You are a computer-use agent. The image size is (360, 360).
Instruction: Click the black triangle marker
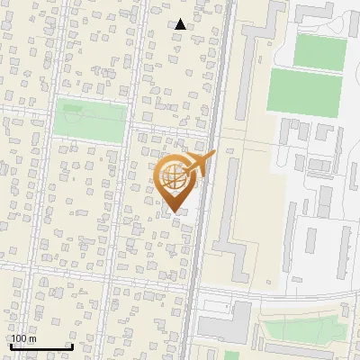[x=181, y=24]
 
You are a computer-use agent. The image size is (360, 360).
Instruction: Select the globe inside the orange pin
[x=173, y=175]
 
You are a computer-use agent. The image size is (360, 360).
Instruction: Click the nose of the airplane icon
[x=213, y=155]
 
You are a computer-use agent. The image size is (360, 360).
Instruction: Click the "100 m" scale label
[x=23, y=338]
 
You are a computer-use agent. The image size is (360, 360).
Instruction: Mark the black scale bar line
[x=40, y=346]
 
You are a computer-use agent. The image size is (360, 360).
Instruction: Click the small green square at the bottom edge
[x=231, y=355]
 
